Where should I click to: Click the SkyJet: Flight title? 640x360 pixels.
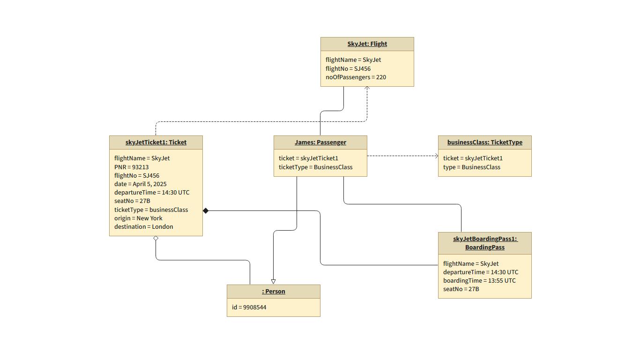pyautogui.click(x=367, y=44)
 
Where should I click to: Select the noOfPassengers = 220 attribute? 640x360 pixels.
pyautogui.click(x=356, y=77)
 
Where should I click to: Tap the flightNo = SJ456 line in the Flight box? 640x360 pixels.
pyautogui.click(x=348, y=69)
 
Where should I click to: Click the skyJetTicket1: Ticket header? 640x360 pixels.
pyautogui.click(x=156, y=142)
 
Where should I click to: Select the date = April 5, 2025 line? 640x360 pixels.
pyautogui.click(x=140, y=184)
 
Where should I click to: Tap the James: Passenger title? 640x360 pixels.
pyautogui.click(x=320, y=142)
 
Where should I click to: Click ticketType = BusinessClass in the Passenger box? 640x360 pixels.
pyautogui.click(x=315, y=167)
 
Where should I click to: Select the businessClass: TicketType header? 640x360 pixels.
pyautogui.click(x=484, y=142)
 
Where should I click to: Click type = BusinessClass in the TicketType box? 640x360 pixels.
pyautogui.click(x=471, y=167)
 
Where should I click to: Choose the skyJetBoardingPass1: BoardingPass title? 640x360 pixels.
pyautogui.click(x=484, y=243)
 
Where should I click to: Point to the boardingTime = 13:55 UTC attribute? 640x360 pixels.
pyautogui.click(x=479, y=281)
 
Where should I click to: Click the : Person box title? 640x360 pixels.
pyautogui.click(x=273, y=292)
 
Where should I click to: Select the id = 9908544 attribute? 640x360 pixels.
pyautogui.click(x=249, y=307)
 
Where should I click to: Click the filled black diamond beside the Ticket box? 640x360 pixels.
pyautogui.click(x=206, y=211)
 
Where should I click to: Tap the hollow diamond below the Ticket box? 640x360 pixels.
pyautogui.click(x=156, y=239)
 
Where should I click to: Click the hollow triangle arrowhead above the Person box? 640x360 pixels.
pyautogui.click(x=273, y=282)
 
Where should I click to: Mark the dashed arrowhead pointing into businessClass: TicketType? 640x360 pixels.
pyautogui.click(x=436, y=156)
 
